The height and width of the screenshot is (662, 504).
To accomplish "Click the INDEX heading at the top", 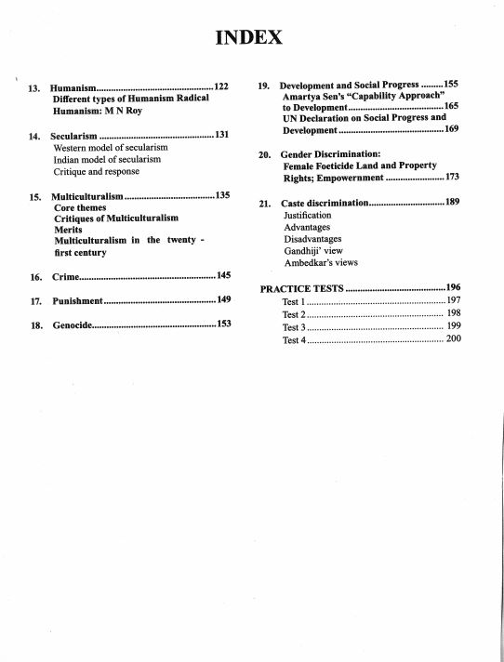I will [248, 38].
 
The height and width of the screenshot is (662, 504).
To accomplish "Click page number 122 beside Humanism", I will [220, 86].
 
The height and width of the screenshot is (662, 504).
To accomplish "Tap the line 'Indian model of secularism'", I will [108, 160].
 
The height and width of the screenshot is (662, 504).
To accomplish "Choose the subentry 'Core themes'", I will [80, 207].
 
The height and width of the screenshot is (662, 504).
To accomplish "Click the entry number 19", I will [264, 86].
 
